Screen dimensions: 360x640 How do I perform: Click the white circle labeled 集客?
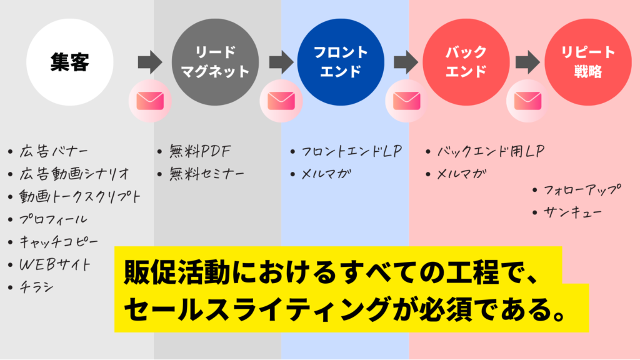[x=70, y=62]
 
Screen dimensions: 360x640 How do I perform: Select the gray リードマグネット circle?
[x=215, y=62]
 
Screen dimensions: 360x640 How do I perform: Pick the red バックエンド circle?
[x=465, y=62]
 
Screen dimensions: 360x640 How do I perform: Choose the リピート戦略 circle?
[x=587, y=62]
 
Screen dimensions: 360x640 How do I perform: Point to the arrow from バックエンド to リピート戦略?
[x=527, y=62]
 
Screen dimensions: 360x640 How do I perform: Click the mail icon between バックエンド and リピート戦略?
[x=527, y=100]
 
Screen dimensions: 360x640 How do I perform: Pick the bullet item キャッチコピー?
[x=59, y=242]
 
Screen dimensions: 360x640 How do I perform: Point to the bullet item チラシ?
[x=38, y=287]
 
